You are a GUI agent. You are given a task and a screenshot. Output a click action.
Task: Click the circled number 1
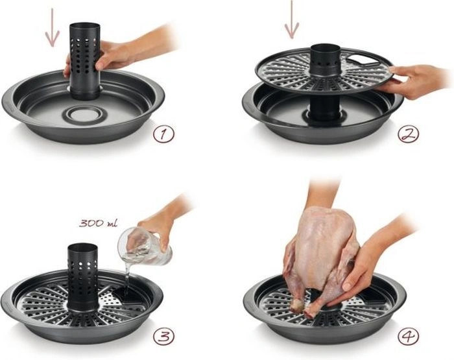click(x=163, y=134)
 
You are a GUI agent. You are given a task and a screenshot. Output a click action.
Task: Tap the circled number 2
click(x=408, y=134)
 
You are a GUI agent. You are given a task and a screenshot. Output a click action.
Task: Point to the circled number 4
click(x=408, y=336)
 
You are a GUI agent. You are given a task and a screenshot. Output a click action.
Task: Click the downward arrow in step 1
click(x=53, y=27)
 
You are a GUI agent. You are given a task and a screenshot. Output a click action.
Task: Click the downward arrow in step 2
click(x=292, y=19)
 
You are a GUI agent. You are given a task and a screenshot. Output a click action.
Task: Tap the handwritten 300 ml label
click(x=98, y=223)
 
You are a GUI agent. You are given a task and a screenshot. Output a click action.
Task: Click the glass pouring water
click(x=144, y=246)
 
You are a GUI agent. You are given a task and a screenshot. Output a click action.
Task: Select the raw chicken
click(x=322, y=261)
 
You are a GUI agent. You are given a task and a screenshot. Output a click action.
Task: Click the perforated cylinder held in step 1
click(x=85, y=62)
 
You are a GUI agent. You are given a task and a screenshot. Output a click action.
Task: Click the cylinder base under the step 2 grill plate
click(x=324, y=108)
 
